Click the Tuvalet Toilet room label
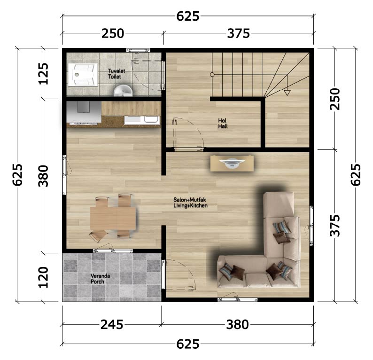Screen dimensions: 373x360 117,74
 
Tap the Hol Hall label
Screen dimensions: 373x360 223,124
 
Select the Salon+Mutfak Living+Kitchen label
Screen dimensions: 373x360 190,203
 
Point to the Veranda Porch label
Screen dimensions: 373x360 100,279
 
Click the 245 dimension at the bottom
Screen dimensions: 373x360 112,325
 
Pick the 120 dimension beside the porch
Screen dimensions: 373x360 44,277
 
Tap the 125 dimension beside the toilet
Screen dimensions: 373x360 44,73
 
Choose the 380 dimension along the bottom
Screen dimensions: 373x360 237,325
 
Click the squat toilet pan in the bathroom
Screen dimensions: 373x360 83,75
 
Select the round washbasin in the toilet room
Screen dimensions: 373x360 123,91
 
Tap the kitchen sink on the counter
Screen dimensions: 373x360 142,120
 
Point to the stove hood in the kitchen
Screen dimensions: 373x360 84,112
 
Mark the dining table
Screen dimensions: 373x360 113,219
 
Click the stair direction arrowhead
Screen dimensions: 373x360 287,93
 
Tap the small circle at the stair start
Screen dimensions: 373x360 212,75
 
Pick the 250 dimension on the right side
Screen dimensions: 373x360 335,99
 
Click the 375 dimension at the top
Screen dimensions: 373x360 238,33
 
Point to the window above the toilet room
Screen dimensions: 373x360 138,50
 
